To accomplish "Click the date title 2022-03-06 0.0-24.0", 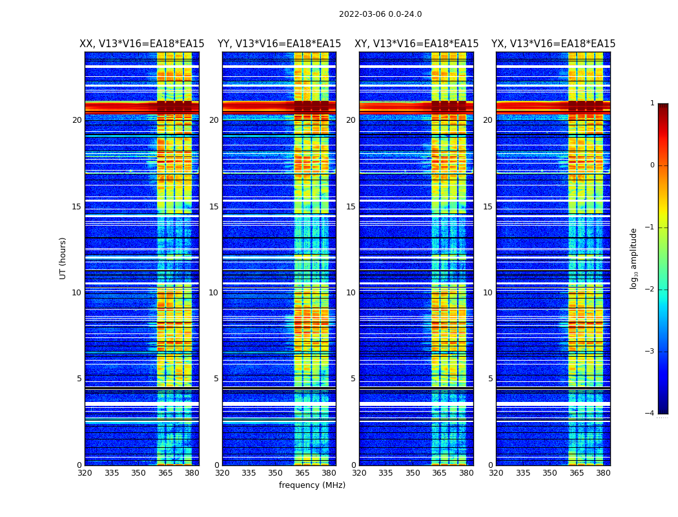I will click(380, 14).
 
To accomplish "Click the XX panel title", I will click(142, 44).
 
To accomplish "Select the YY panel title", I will click(279, 44).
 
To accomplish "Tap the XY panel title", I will click(416, 44).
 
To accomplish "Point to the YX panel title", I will click(553, 44).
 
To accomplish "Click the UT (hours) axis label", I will click(63, 258).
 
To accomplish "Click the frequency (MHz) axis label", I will click(312, 485).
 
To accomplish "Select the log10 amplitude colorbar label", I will click(634, 258).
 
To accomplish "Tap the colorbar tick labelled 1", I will click(652, 103).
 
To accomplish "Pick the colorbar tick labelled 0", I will click(652, 165).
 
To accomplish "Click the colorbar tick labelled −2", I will click(651, 290).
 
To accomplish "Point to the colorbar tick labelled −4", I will click(651, 414).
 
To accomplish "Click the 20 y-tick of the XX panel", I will click(77, 120).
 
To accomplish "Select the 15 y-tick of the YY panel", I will click(214, 207).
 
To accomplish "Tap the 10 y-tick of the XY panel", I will click(351, 293).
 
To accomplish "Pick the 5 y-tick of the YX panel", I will click(491, 379).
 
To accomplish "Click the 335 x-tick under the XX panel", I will click(112, 473).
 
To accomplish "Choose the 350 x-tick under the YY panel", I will click(276, 473).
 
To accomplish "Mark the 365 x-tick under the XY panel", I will click(439, 473).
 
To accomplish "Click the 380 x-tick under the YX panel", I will click(603, 473).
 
